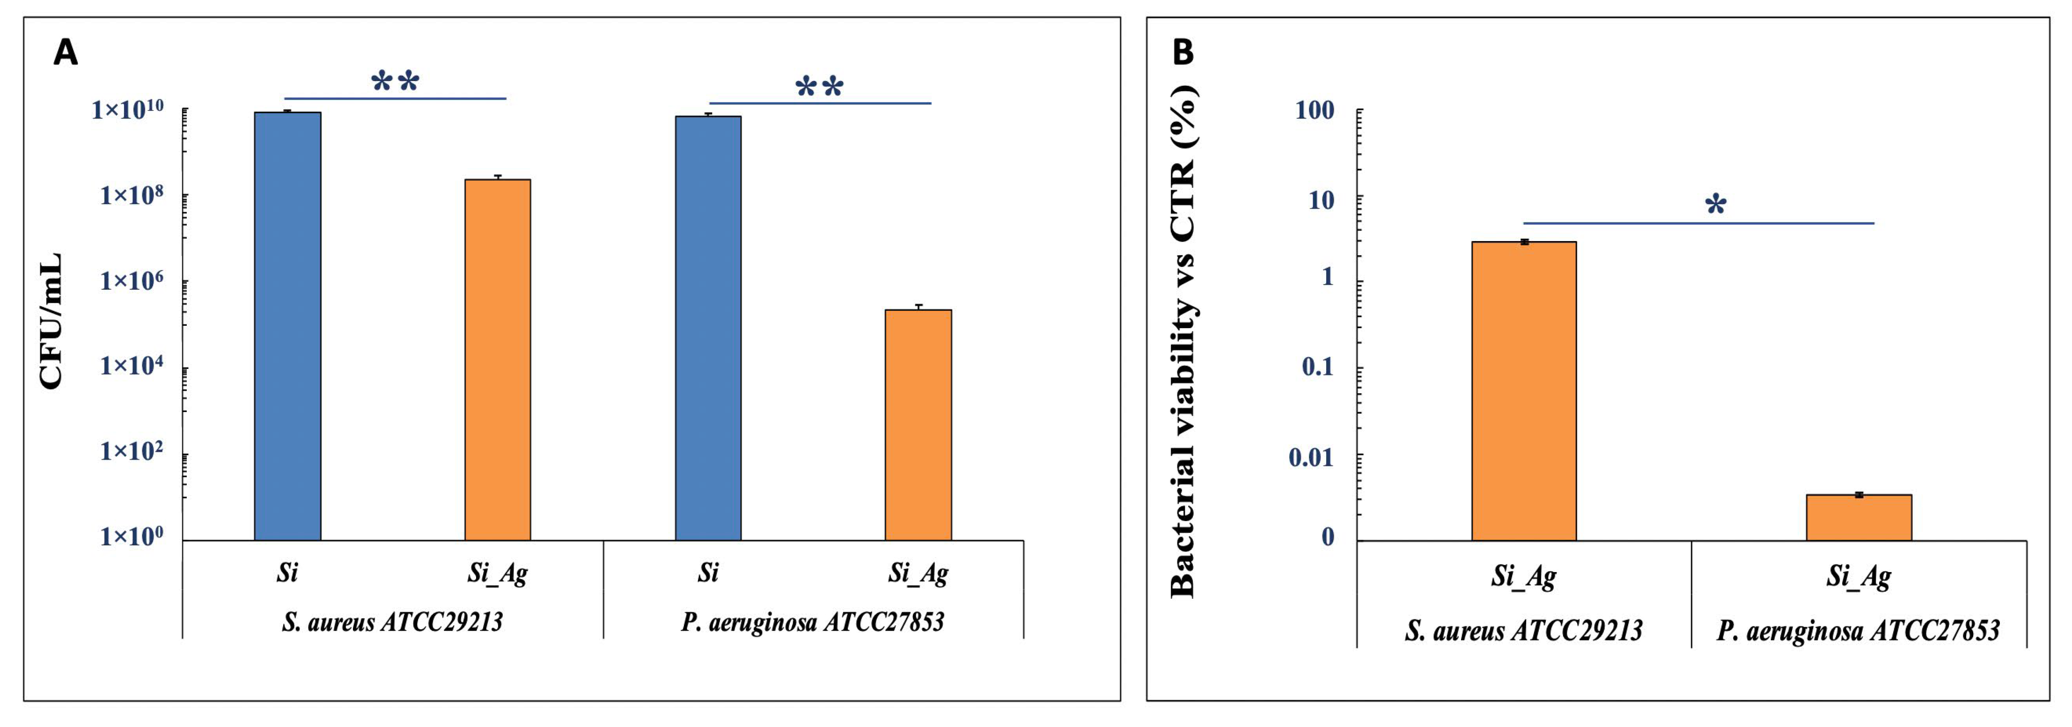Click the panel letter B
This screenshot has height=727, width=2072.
(1183, 52)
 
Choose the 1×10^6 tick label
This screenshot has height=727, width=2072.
(132, 281)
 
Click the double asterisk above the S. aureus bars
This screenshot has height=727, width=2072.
(395, 81)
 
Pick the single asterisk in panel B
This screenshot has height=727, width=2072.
(1716, 205)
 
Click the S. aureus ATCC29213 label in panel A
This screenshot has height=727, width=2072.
(392, 622)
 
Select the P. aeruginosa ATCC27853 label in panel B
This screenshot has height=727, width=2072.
(1858, 631)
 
